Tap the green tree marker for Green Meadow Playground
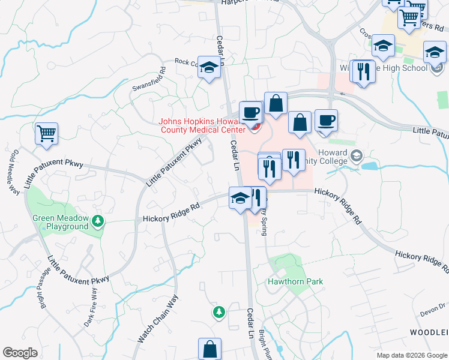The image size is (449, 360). tap(98, 223)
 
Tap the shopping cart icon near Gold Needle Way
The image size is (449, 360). tap(46, 133)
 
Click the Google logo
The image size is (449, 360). tap(20, 352)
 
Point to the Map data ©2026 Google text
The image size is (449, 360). tap(411, 355)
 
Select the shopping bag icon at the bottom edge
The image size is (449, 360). tap(210, 349)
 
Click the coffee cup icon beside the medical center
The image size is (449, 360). tap(250, 112)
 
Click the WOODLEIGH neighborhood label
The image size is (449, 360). tap(429, 332)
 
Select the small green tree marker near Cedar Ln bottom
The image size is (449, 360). tap(219, 311)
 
